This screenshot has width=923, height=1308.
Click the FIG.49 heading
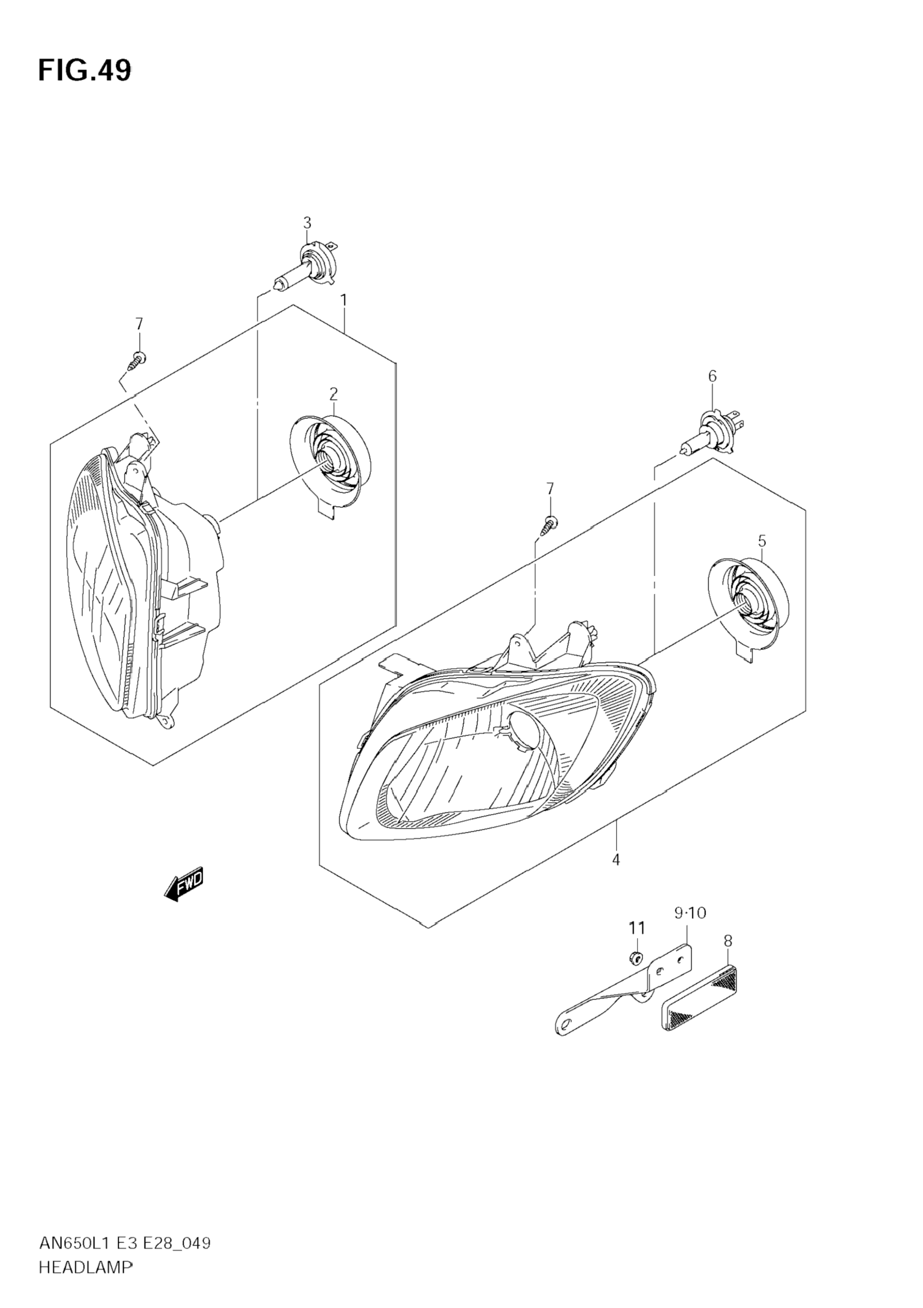pyautogui.click(x=84, y=71)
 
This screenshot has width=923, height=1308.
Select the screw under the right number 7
pyautogui.click(x=548, y=523)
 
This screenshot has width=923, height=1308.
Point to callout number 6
pyautogui.click(x=712, y=376)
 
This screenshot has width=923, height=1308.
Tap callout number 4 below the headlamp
pyautogui.click(x=616, y=876)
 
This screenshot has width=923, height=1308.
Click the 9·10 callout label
pyautogui.click(x=690, y=913)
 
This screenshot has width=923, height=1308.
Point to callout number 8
pyautogui.click(x=728, y=941)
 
